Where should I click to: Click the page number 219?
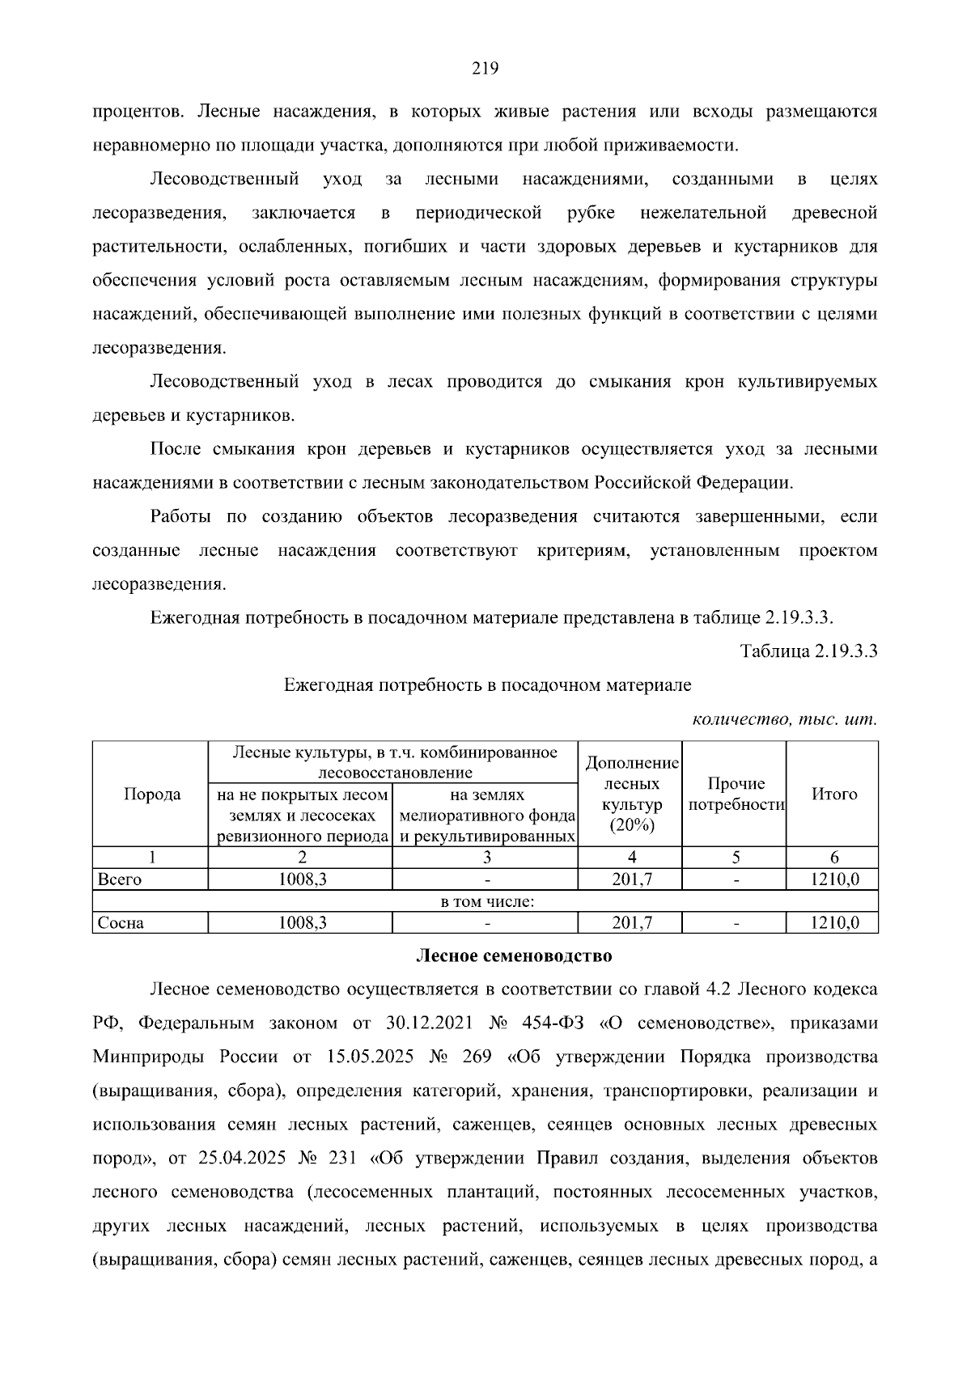click(x=485, y=69)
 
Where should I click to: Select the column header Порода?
click(x=151, y=795)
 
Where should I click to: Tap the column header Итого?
click(x=833, y=795)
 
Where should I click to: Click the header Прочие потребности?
click(x=735, y=795)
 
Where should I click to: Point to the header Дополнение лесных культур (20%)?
click(x=631, y=795)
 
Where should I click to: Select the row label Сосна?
click(x=121, y=923)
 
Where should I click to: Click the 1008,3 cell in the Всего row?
click(x=301, y=880)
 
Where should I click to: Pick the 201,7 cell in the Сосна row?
click(x=631, y=923)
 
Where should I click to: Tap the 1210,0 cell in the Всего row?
click(x=834, y=880)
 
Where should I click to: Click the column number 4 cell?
click(x=631, y=858)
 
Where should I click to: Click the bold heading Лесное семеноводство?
click(x=514, y=956)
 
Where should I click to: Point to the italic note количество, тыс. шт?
click(x=784, y=719)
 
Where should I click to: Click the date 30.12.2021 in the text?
click(x=430, y=1023)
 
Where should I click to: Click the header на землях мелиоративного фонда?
click(x=486, y=806)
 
